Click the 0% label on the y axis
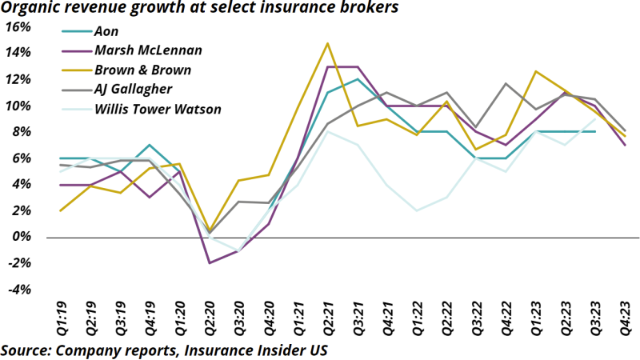click(x=20, y=238)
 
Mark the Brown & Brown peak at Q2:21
click(x=327, y=43)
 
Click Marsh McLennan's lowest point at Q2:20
click(x=209, y=262)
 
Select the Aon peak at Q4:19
click(x=150, y=145)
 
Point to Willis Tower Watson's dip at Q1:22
click(x=416, y=210)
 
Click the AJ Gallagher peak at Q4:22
click(x=505, y=83)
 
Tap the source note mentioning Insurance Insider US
click(x=163, y=350)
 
